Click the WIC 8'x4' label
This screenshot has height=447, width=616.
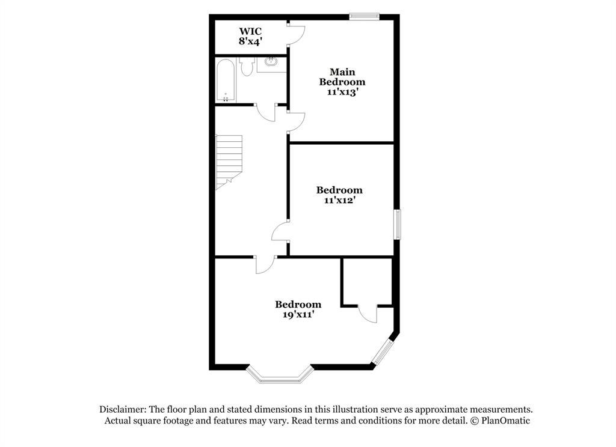(250, 36)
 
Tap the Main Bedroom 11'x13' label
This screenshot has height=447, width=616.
(342, 82)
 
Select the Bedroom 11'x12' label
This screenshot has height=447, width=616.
(339, 195)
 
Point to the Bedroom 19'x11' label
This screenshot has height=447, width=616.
(298, 309)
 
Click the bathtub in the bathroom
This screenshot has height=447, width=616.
(226, 80)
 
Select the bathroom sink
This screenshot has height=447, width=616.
(271, 62)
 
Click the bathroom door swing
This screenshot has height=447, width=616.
(265, 112)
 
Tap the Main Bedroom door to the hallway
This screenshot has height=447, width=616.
(297, 121)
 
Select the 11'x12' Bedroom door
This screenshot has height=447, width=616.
(281, 231)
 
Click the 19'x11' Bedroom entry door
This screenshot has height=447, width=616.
(265, 265)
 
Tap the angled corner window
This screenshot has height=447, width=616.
(383, 353)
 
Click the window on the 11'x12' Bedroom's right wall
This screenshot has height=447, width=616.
(397, 224)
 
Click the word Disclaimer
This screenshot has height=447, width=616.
(123, 409)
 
